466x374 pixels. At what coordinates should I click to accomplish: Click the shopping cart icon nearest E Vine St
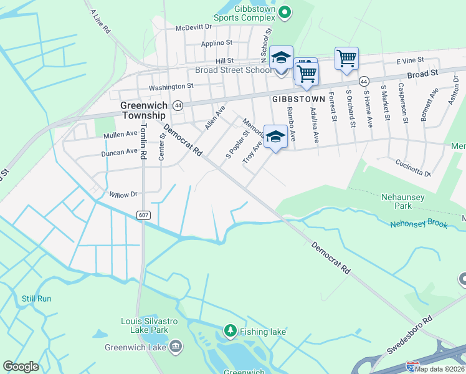346,59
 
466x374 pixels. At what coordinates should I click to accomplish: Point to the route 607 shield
143,215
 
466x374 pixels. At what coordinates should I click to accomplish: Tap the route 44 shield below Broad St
364,81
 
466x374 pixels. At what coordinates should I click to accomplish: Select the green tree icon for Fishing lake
230,330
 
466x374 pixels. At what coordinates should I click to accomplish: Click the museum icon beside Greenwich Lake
176,345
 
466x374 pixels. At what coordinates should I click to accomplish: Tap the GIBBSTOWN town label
298,99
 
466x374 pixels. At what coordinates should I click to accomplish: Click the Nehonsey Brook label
419,224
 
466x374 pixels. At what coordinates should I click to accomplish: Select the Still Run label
37,299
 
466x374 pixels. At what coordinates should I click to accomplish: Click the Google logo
21,367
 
